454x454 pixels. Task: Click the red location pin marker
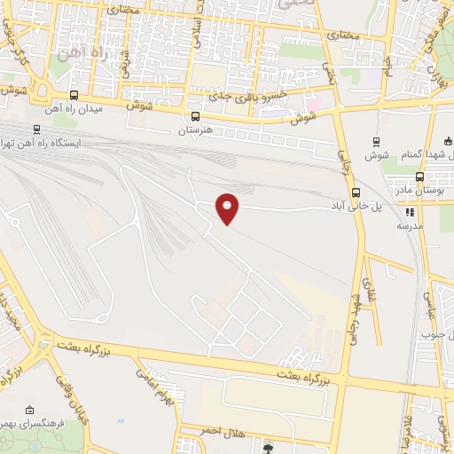tap(228, 207)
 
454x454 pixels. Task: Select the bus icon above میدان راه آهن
tap(74, 96)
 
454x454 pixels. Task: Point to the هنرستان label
tap(197, 129)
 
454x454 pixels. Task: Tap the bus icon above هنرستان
tap(195, 116)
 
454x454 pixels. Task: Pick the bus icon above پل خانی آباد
tap(356, 192)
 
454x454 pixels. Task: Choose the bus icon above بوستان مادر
tap(419, 176)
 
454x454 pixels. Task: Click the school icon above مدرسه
tap(410, 212)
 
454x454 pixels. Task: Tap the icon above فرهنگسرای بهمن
tap(31, 411)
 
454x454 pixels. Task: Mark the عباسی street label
tap(428, 306)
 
